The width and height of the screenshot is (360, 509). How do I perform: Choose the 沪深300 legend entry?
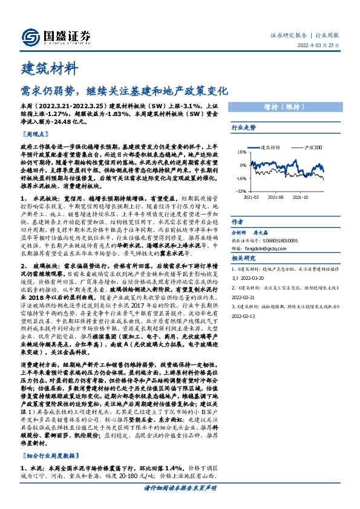tap(310, 147)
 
